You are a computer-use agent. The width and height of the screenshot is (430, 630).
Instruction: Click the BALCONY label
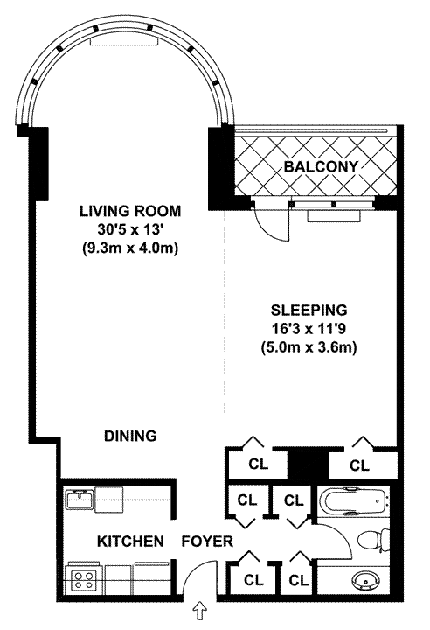click(321, 166)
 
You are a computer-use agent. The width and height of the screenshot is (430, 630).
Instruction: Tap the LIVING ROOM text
click(130, 211)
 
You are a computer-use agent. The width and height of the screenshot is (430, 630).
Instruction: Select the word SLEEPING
click(309, 310)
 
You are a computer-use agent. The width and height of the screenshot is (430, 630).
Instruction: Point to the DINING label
click(130, 436)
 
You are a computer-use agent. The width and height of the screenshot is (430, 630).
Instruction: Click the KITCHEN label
click(130, 542)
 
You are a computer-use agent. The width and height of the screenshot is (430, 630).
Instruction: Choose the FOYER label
click(207, 542)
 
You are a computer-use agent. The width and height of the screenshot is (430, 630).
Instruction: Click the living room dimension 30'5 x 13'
click(130, 230)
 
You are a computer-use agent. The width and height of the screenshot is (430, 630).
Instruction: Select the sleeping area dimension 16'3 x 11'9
click(309, 329)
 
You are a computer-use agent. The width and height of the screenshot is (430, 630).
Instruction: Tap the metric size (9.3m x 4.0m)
click(130, 248)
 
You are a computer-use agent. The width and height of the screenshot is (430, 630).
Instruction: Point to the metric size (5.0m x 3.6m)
click(309, 348)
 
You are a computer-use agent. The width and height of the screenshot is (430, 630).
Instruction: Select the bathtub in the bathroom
click(355, 501)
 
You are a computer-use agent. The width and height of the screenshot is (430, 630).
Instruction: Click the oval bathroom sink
click(365, 579)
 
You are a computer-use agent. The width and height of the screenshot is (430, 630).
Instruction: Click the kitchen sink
click(80, 499)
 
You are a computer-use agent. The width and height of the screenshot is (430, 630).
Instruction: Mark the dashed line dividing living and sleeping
click(225, 311)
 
